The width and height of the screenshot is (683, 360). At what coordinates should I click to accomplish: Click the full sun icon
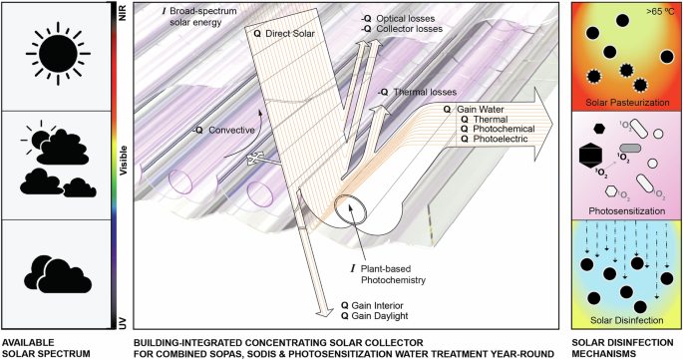pos(58,54)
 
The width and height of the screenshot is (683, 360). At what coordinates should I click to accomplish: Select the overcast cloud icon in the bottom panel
pos(58,274)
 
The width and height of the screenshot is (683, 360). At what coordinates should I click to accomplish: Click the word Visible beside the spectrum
pos(124,161)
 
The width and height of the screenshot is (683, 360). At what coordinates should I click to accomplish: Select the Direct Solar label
pos(284,34)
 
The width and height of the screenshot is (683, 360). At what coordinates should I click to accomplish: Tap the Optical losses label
pos(399,19)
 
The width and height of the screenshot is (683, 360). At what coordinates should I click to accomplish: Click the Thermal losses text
pos(418,92)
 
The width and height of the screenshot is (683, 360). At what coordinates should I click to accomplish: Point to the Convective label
pos(224,130)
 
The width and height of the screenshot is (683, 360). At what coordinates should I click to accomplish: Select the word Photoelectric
pos(501,139)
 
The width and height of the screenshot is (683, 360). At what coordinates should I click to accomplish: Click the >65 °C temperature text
pos(661,11)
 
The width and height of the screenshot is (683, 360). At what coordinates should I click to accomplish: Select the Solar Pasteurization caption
pos(627,103)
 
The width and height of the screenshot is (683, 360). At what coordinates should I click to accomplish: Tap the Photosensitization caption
pos(627,211)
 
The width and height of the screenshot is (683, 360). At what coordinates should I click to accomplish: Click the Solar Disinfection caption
pos(627,320)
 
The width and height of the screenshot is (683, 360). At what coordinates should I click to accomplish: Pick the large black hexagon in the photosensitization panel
pos(591,156)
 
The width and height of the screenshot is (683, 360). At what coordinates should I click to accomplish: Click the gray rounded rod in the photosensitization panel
pos(630,149)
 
